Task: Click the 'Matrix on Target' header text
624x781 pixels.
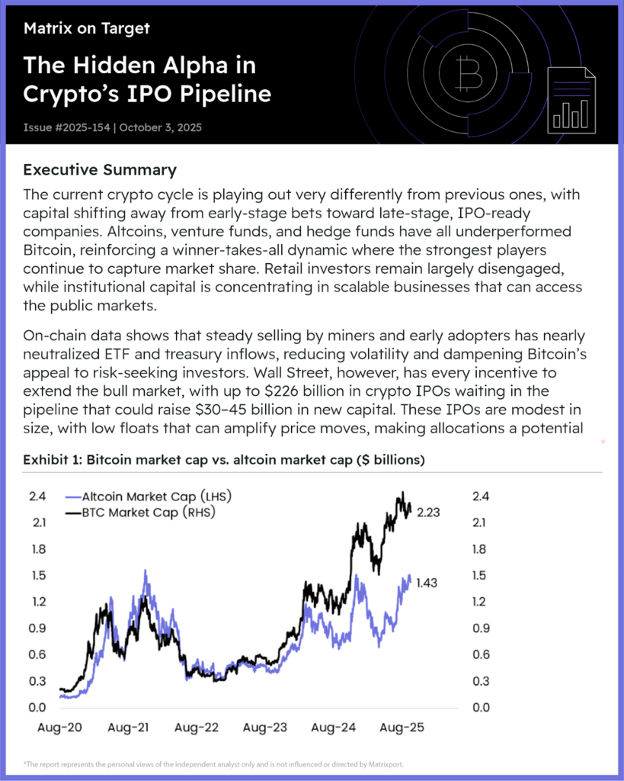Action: click(86, 29)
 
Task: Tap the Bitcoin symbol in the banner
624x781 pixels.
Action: click(467, 74)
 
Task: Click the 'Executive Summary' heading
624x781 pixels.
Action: click(100, 169)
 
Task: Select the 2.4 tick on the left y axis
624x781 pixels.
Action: click(37, 497)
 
